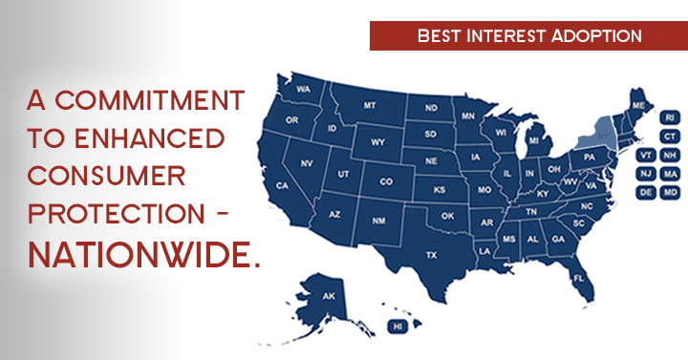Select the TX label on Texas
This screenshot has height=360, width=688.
[x=431, y=255]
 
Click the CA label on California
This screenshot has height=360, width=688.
[x=282, y=184]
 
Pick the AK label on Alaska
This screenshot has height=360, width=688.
[x=329, y=296]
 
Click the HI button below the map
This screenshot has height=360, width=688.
[x=398, y=327]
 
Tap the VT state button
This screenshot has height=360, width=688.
[x=647, y=156]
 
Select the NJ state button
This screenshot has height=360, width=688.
[x=647, y=174]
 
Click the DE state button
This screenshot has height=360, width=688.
[x=647, y=192]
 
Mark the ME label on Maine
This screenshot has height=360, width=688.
[x=636, y=104]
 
